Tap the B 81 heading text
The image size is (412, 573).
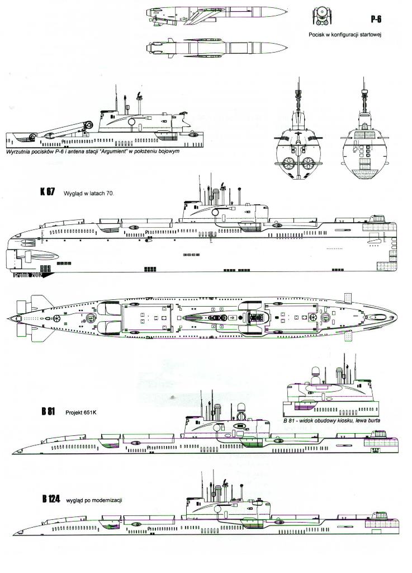[49, 411]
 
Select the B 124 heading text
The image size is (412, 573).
[50, 499]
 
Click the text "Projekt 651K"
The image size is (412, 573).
[82, 411]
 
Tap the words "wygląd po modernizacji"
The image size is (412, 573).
[94, 500]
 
